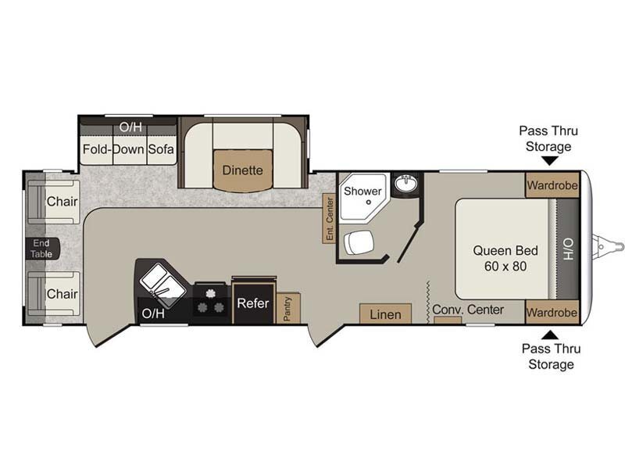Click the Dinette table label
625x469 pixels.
point(242,170)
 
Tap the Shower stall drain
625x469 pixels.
point(369,202)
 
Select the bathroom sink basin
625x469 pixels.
point(406,184)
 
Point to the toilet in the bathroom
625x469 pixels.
point(359,242)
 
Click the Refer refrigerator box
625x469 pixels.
point(253,303)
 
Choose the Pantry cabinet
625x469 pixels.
point(287,308)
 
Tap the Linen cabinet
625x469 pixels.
point(385,314)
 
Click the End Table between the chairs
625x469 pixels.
point(42,249)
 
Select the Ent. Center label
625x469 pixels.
point(329,219)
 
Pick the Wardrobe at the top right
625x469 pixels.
point(552,185)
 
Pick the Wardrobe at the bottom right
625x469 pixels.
point(552,312)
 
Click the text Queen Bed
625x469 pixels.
point(505,250)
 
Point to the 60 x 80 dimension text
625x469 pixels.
point(505,266)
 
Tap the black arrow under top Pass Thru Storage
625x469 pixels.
point(550,160)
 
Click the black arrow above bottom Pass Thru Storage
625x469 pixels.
point(552,335)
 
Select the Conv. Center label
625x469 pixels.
point(468,310)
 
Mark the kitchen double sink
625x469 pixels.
point(162,285)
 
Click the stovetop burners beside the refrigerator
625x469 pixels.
point(210,302)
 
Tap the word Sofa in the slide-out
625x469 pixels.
point(161,149)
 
